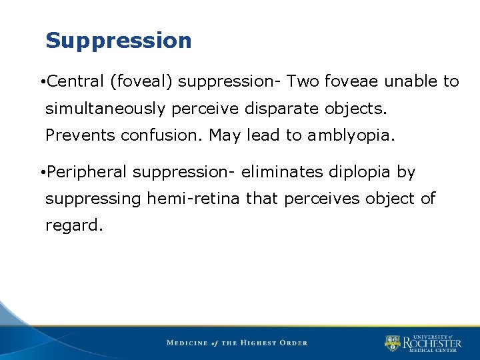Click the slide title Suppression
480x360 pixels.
pyautogui.click(x=118, y=41)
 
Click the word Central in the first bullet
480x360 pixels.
pyautogui.click(x=75, y=81)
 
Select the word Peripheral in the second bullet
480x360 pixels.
pyautogui.click(x=87, y=173)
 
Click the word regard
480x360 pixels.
pyautogui.click(x=74, y=226)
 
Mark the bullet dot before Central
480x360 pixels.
pyautogui.click(x=42, y=83)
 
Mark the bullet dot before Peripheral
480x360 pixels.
pyautogui.click(x=42, y=173)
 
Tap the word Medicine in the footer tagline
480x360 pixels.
pyautogui.click(x=188, y=343)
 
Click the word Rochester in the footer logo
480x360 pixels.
pyautogui.click(x=431, y=343)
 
